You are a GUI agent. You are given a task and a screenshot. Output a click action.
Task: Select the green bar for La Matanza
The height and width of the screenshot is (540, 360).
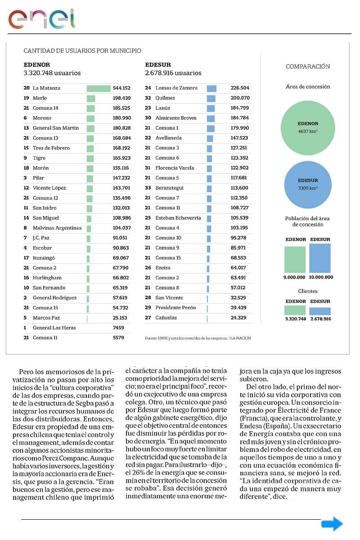click(x=99, y=88)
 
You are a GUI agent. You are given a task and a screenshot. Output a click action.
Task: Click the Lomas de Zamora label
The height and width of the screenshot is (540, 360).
click(x=176, y=88)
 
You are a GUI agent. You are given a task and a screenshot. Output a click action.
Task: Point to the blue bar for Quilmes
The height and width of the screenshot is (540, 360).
click(x=211, y=98)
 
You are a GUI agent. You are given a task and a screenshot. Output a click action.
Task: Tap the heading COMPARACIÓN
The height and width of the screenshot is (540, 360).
click(x=308, y=67)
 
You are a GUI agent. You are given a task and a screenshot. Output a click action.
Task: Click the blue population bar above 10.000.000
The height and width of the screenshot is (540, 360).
click(x=320, y=258)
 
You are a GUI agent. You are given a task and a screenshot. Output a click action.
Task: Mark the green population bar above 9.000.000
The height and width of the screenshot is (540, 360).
click(x=295, y=260)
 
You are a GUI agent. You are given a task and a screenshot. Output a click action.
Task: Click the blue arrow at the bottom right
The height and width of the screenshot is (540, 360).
click(x=332, y=524)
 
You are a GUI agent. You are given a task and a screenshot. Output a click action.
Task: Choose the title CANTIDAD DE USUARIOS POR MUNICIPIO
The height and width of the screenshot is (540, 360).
click(x=82, y=51)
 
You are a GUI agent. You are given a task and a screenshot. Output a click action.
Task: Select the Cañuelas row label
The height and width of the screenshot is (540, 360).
click(x=166, y=318)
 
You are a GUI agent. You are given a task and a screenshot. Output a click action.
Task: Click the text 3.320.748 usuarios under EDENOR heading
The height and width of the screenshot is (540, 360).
click(x=52, y=73)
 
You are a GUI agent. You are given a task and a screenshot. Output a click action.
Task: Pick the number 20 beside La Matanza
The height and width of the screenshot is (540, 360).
click(x=27, y=88)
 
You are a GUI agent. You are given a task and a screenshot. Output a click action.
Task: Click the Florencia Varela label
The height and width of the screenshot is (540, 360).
click(x=175, y=168)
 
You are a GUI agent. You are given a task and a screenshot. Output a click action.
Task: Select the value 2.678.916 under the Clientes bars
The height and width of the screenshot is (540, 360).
click(x=320, y=319)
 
